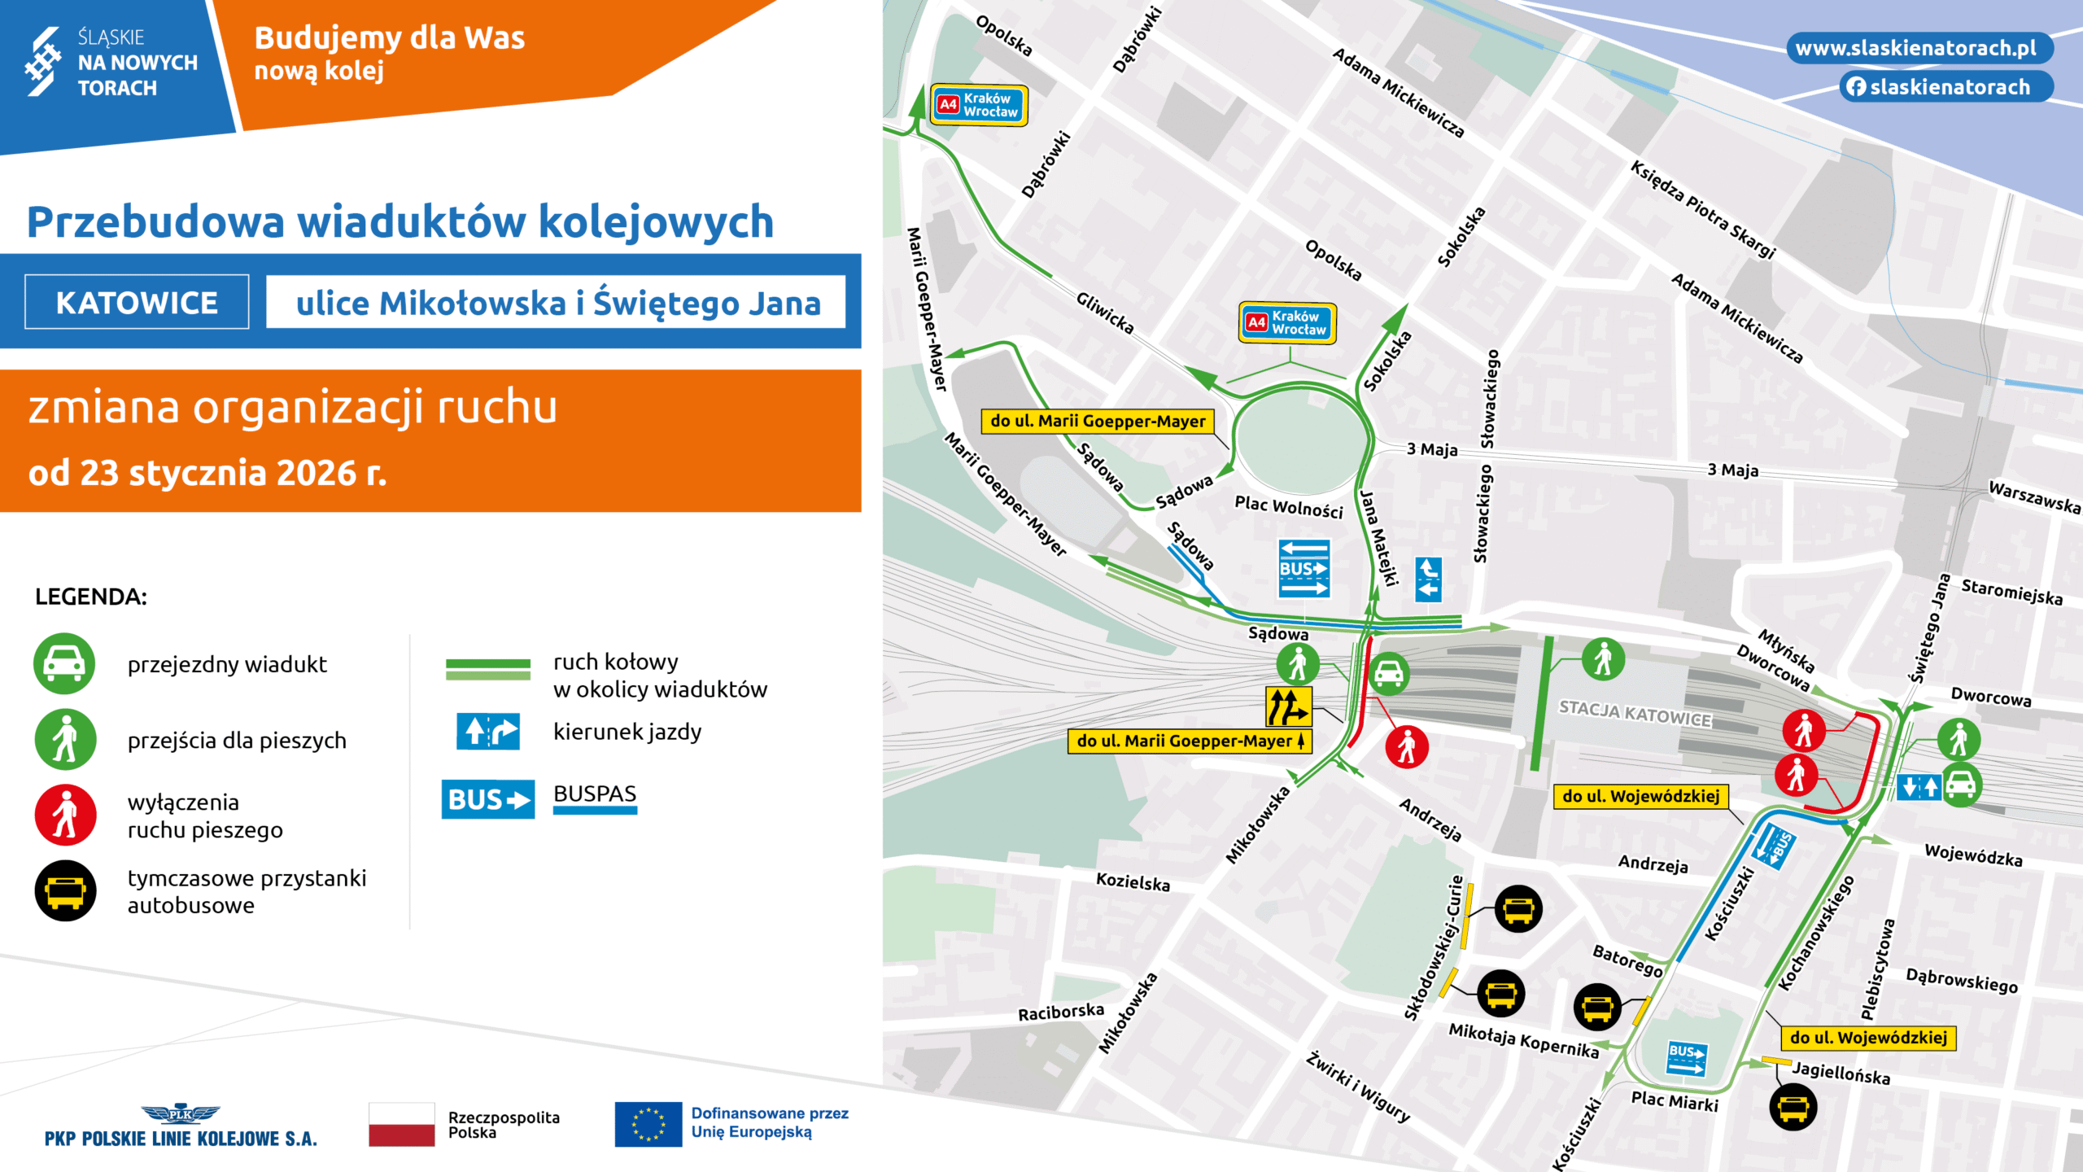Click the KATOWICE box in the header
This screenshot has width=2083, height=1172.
pyautogui.click(x=137, y=303)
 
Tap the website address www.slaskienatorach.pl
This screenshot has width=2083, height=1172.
pyautogui.click(x=1915, y=48)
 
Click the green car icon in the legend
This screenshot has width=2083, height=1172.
pyautogui.click(x=64, y=664)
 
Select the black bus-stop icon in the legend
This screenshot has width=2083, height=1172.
pyautogui.click(x=66, y=891)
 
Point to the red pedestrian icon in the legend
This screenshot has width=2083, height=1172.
pyautogui.click(x=66, y=816)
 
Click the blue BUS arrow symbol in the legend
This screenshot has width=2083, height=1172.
pyautogui.click(x=487, y=799)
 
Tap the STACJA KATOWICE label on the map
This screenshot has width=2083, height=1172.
pyautogui.click(x=1635, y=714)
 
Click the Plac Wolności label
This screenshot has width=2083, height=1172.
pyautogui.click(x=1288, y=506)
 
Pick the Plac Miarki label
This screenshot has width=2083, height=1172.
pyautogui.click(x=1675, y=1101)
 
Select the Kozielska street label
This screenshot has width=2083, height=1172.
pyautogui.click(x=1133, y=881)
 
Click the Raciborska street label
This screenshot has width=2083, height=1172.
pyautogui.click(x=1061, y=1012)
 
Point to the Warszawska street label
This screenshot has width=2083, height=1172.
pyautogui.click(x=2033, y=496)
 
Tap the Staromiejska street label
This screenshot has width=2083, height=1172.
pyautogui.click(x=2011, y=592)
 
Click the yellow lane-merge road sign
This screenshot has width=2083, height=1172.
pyautogui.click(x=1288, y=706)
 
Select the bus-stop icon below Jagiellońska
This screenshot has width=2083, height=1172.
pyautogui.click(x=1793, y=1108)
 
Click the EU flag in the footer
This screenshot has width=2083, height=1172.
pyautogui.click(x=648, y=1124)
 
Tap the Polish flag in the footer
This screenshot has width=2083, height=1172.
pyautogui.click(x=401, y=1124)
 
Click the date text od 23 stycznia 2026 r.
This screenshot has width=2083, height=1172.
pyautogui.click(x=207, y=473)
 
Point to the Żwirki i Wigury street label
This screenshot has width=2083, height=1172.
pyautogui.click(x=1357, y=1087)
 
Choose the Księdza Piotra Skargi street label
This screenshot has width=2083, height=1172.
pyautogui.click(x=1702, y=209)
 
